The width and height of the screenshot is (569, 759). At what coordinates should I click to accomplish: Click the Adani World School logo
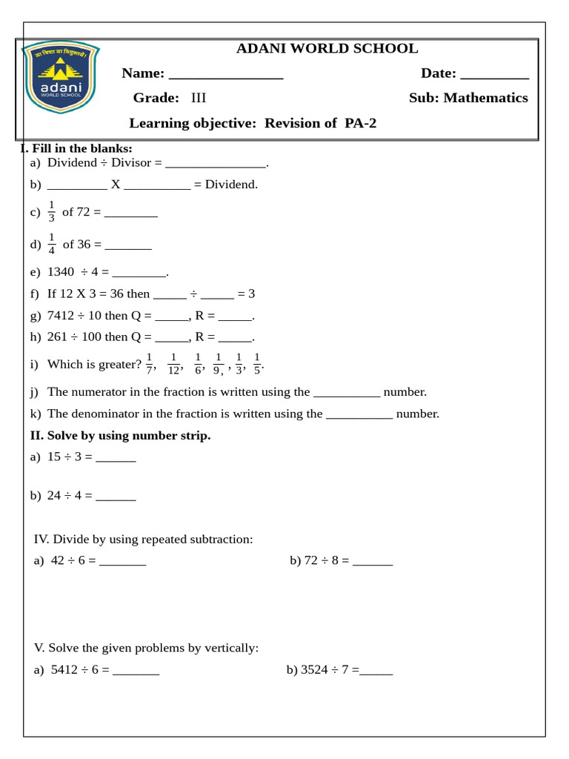61,77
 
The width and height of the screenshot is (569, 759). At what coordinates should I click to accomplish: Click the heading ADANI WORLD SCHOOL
327,49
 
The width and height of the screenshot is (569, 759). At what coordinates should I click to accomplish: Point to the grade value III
199,98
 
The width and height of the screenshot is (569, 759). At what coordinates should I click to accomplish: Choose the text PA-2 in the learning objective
360,123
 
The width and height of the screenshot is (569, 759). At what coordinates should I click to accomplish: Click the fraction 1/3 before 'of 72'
51,211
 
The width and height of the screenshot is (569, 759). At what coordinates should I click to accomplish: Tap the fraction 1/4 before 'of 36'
51,244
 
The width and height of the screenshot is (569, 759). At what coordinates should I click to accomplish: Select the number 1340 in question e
61,272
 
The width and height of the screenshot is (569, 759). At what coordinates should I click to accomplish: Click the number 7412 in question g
61,316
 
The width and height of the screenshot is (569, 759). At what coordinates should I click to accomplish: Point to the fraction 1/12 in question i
173,364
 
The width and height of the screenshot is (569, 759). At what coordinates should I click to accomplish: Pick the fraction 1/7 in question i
149,364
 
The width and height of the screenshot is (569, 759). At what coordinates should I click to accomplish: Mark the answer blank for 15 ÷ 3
116,458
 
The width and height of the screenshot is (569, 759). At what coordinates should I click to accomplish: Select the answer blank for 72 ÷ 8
373,562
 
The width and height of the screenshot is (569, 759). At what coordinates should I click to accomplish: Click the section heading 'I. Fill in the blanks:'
76,149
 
